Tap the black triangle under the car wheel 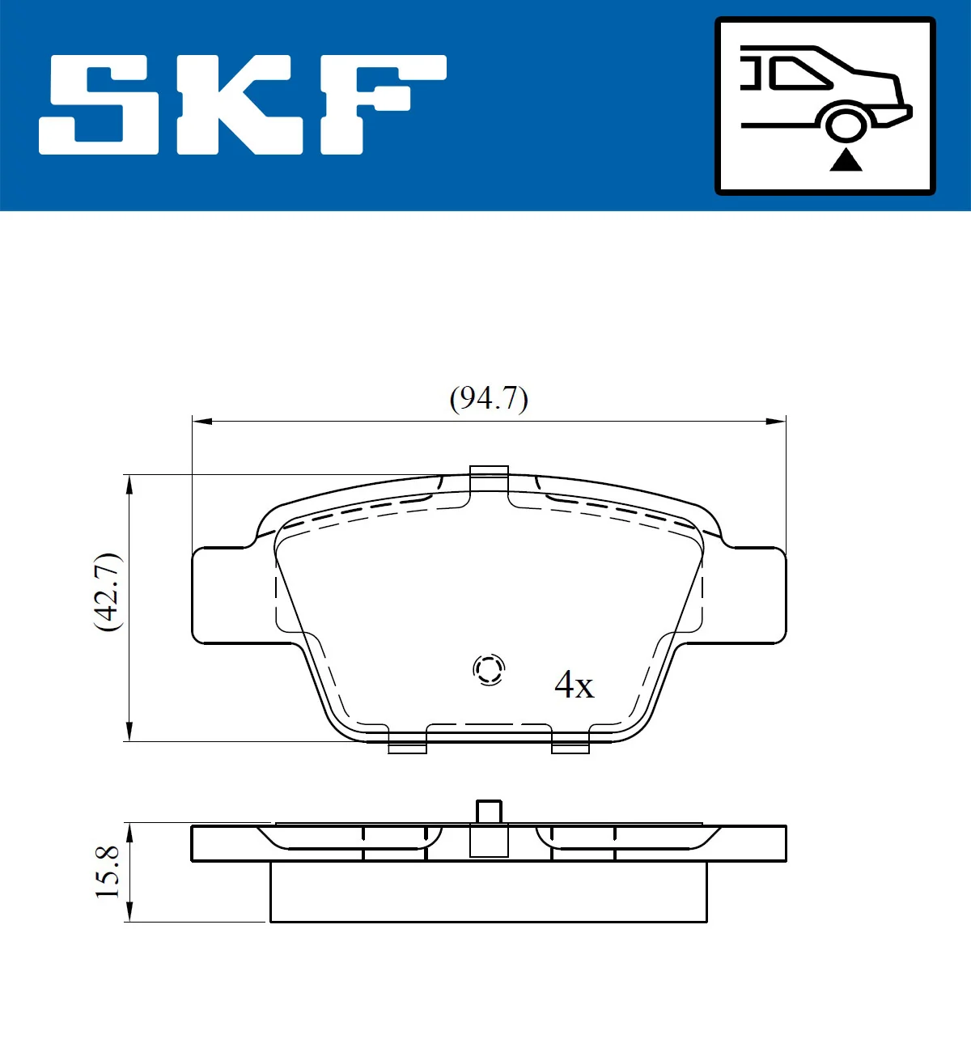click(846, 160)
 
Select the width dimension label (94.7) click(489, 398)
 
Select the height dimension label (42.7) click(108, 592)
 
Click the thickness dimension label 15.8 click(108, 872)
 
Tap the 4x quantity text click(574, 685)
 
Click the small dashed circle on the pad click(489, 669)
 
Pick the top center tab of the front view click(489, 477)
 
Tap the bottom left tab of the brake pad click(407, 746)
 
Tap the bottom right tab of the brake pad click(570, 746)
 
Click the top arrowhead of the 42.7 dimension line click(129, 483)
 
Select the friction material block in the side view click(488, 892)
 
